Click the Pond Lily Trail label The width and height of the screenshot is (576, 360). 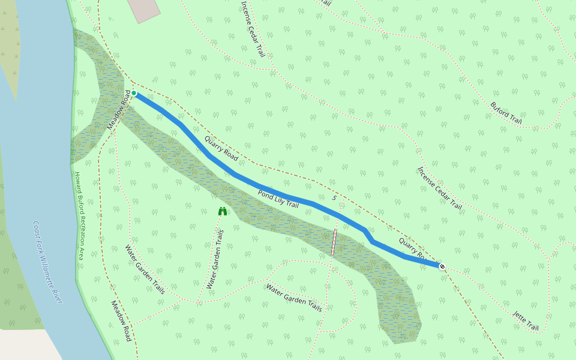(x=278, y=199)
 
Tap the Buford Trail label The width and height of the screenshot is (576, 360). (x=506, y=113)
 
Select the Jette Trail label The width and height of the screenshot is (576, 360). (x=526, y=321)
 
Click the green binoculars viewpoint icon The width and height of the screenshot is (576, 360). (x=223, y=211)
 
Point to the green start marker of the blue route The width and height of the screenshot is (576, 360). (x=134, y=93)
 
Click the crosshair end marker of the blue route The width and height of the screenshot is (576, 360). (x=442, y=266)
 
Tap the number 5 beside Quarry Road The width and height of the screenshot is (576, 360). (x=334, y=197)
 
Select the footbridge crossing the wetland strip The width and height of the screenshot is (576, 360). (x=334, y=242)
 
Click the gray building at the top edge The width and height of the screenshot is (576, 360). (x=144, y=8)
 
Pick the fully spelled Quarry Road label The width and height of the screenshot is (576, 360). (x=221, y=149)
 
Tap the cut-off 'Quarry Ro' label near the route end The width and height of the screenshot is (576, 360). (x=412, y=248)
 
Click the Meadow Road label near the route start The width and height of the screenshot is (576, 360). (x=119, y=110)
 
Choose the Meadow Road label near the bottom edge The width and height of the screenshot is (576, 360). (x=121, y=321)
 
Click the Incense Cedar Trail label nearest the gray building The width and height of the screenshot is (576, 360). (x=253, y=28)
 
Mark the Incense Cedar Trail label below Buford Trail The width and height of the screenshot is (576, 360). (x=440, y=188)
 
